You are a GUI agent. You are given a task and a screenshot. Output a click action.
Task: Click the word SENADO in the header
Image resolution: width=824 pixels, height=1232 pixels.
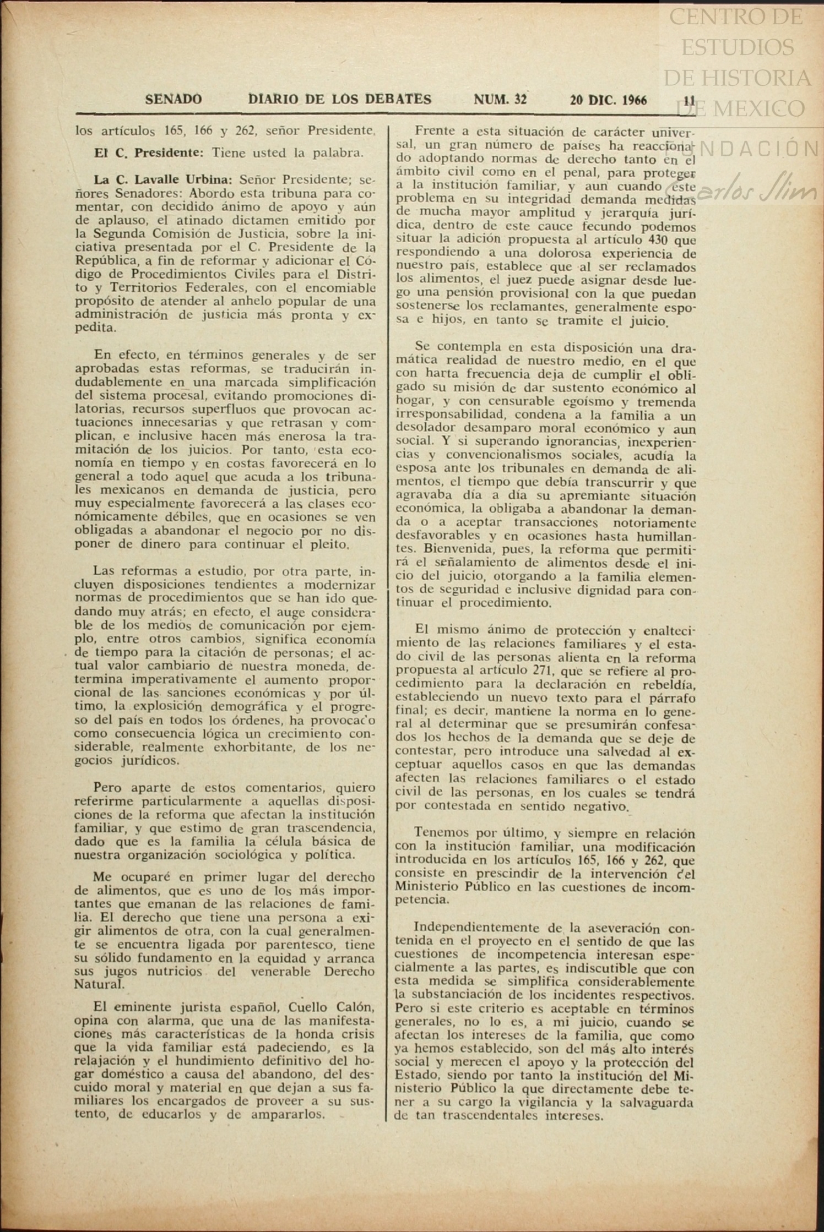[x=173, y=100]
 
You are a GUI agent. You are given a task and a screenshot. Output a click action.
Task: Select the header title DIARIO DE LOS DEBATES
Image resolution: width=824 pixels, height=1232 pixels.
[x=340, y=100]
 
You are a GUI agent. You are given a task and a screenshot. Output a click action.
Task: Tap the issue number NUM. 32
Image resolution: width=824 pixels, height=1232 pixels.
[x=500, y=100]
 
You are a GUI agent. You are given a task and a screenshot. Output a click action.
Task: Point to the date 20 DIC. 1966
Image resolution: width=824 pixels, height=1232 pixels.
[x=609, y=100]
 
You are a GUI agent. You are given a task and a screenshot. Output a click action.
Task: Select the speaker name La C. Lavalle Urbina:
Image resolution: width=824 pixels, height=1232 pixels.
[x=163, y=180]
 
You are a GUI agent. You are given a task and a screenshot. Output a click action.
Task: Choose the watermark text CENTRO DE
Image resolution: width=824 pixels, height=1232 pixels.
[x=735, y=18]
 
